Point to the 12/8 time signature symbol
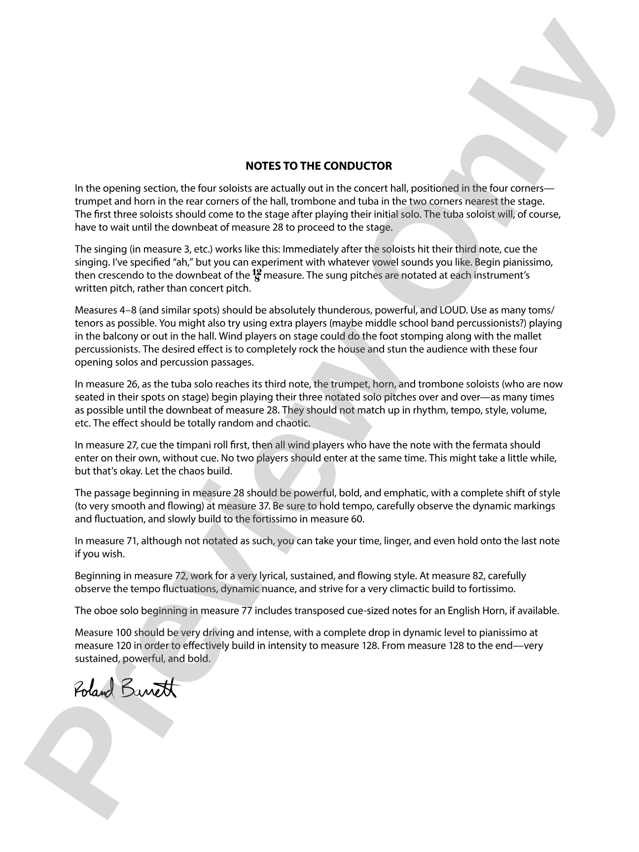tap(257, 276)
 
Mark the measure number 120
tap(123, 645)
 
